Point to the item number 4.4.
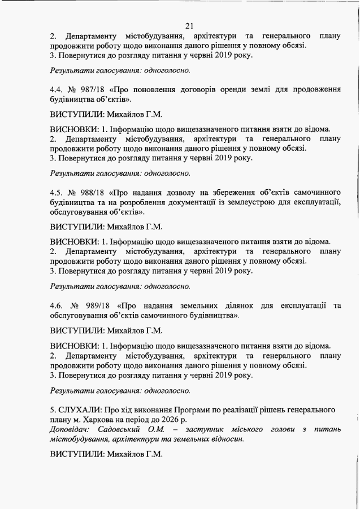pyautogui.click(x=57, y=89)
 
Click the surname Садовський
pyautogui.click(x=120, y=430)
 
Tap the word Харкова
pyautogui.click(x=99, y=419)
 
